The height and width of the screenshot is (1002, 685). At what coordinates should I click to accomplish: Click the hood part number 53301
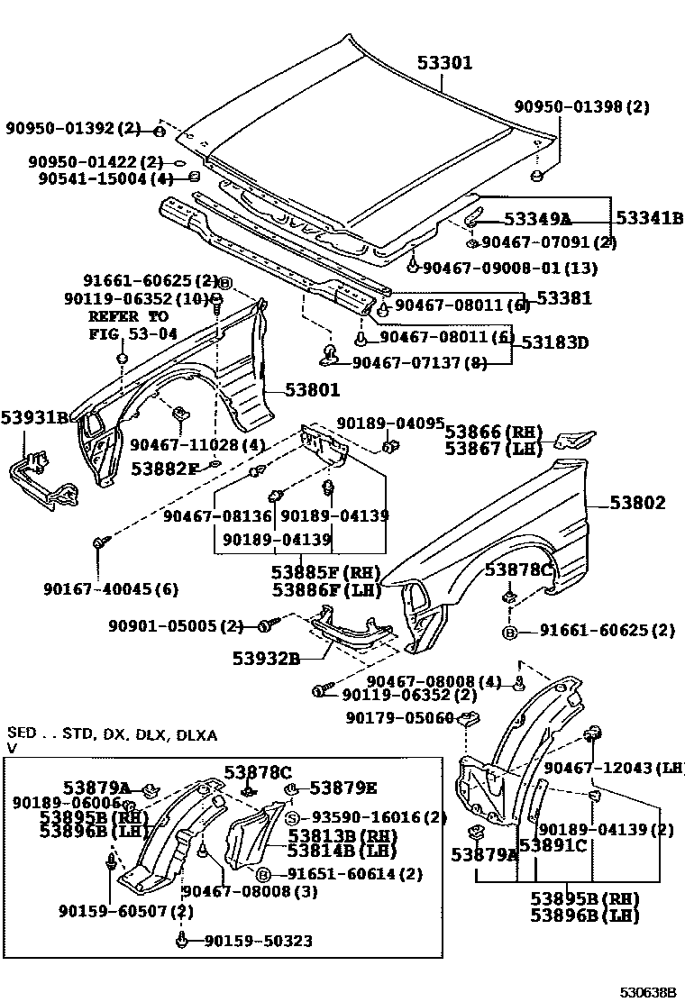(x=444, y=64)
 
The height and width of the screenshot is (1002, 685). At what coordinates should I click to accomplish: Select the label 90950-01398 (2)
(x=581, y=107)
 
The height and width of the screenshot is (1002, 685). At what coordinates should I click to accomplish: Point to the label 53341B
(x=649, y=218)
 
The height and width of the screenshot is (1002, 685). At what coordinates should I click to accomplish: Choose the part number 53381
(x=564, y=296)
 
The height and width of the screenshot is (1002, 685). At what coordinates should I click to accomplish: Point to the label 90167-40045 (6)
(x=110, y=589)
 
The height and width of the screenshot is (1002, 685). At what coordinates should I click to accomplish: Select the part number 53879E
(x=342, y=788)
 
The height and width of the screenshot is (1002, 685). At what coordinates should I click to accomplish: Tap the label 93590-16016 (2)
(x=379, y=817)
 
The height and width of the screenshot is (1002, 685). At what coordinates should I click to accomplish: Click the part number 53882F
(x=165, y=469)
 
